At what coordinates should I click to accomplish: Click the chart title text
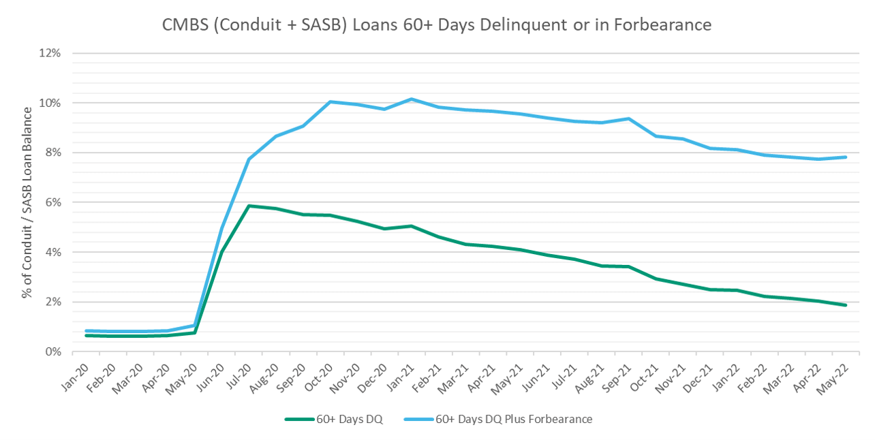(x=437, y=25)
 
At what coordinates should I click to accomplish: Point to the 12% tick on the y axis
(x=51, y=53)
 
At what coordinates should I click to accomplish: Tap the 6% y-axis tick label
(x=53, y=202)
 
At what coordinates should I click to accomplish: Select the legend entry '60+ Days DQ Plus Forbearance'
(x=521, y=419)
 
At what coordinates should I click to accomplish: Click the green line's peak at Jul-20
(x=249, y=206)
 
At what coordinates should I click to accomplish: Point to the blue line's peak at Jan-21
(x=412, y=99)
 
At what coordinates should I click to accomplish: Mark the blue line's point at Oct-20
(x=331, y=101)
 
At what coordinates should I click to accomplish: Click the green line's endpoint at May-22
(x=846, y=305)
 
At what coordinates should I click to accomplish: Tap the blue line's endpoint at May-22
(x=846, y=157)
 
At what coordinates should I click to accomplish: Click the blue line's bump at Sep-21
(x=628, y=119)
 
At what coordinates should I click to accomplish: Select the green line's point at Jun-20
(x=222, y=251)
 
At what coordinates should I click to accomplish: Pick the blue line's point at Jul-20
(x=249, y=159)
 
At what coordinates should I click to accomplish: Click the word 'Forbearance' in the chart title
(x=668, y=25)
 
